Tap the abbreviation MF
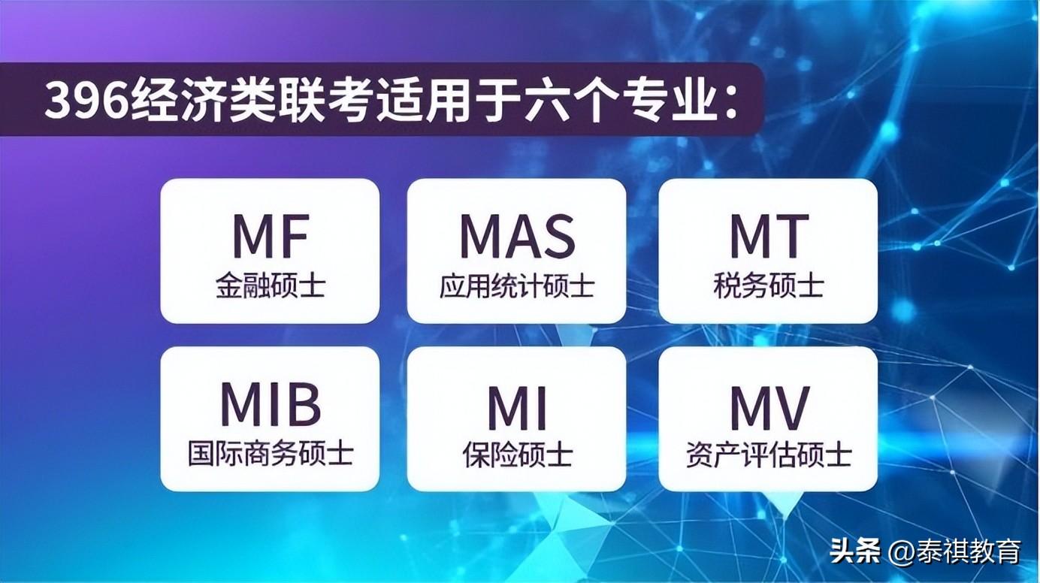[271, 235]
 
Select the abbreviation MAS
[517, 235]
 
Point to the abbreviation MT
[769, 235]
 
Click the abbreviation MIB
[271, 404]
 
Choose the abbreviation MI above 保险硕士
[517, 408]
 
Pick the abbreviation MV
[769, 408]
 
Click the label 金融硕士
[271, 285]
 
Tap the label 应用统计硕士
[517, 285]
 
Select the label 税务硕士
[769, 285]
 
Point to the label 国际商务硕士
[271, 454]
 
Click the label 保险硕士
[517, 455]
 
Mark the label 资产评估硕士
[769, 455]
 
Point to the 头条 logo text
[854, 551]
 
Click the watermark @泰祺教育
[954, 551]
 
